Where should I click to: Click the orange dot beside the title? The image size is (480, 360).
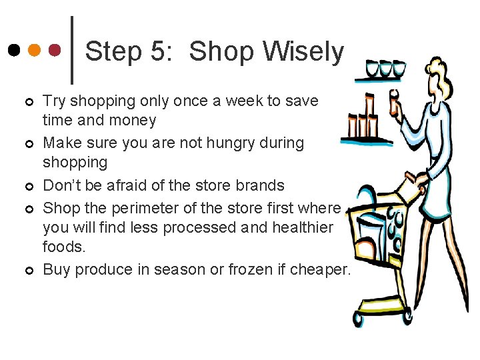pos(35,50)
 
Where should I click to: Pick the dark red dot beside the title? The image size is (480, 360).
pos(55,50)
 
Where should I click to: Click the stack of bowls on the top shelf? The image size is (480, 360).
pos(386,69)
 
